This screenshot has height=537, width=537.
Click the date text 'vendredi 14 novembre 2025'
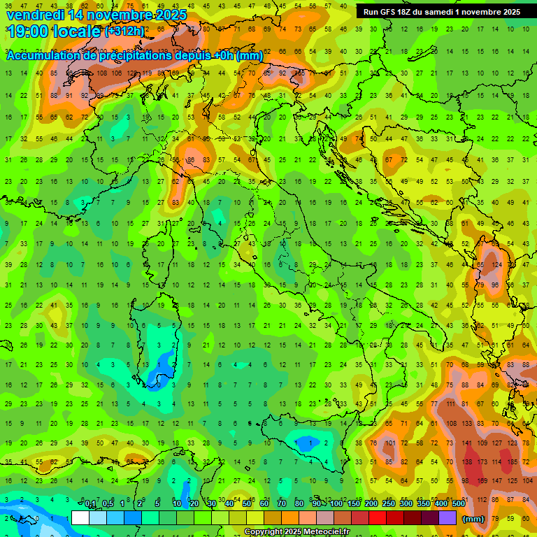(x=96, y=15)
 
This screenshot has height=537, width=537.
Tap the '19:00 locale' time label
(x=54, y=31)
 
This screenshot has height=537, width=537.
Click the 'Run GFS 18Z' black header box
(x=441, y=12)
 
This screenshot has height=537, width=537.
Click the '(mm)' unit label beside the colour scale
(x=473, y=519)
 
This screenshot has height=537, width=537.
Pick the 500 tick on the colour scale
(x=458, y=504)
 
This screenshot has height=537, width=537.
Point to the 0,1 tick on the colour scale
(x=90, y=504)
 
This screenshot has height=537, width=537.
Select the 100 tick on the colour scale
(x=336, y=504)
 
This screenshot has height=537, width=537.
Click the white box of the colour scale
(x=80, y=517)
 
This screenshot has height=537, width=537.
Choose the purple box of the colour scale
(x=447, y=517)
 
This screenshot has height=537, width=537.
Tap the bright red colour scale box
(x=378, y=517)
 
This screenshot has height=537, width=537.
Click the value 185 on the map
(x=513, y=462)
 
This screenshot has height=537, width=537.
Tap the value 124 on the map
(x=497, y=266)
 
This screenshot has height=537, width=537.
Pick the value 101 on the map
(x=389, y=443)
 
